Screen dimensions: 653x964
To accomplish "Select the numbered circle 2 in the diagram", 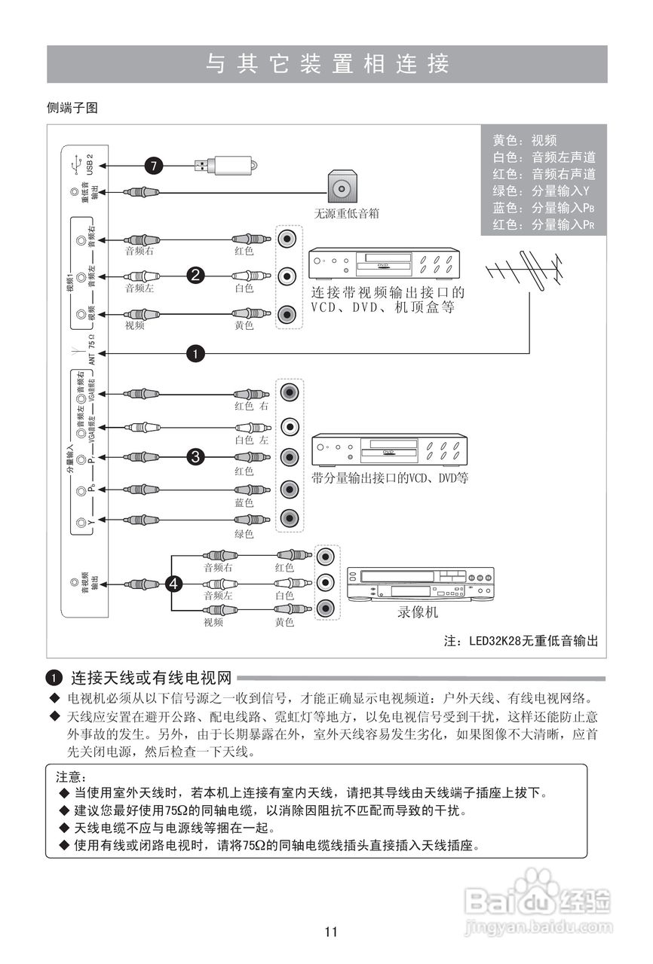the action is coord(195,276).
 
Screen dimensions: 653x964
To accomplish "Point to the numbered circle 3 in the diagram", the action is coord(195,456).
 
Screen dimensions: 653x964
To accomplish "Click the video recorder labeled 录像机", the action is coord(421,584).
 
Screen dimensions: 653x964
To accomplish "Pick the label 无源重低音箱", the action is coord(346,214).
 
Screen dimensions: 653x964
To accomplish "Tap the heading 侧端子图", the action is coord(72,108).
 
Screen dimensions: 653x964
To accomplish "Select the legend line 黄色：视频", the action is coord(525,141).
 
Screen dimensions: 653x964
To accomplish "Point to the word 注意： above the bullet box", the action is coord(72,776).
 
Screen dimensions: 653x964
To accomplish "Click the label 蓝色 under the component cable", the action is coord(244,502).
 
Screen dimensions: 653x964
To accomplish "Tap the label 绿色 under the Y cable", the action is coord(244,534).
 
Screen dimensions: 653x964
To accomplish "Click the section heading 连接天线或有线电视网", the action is coord(150,676).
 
